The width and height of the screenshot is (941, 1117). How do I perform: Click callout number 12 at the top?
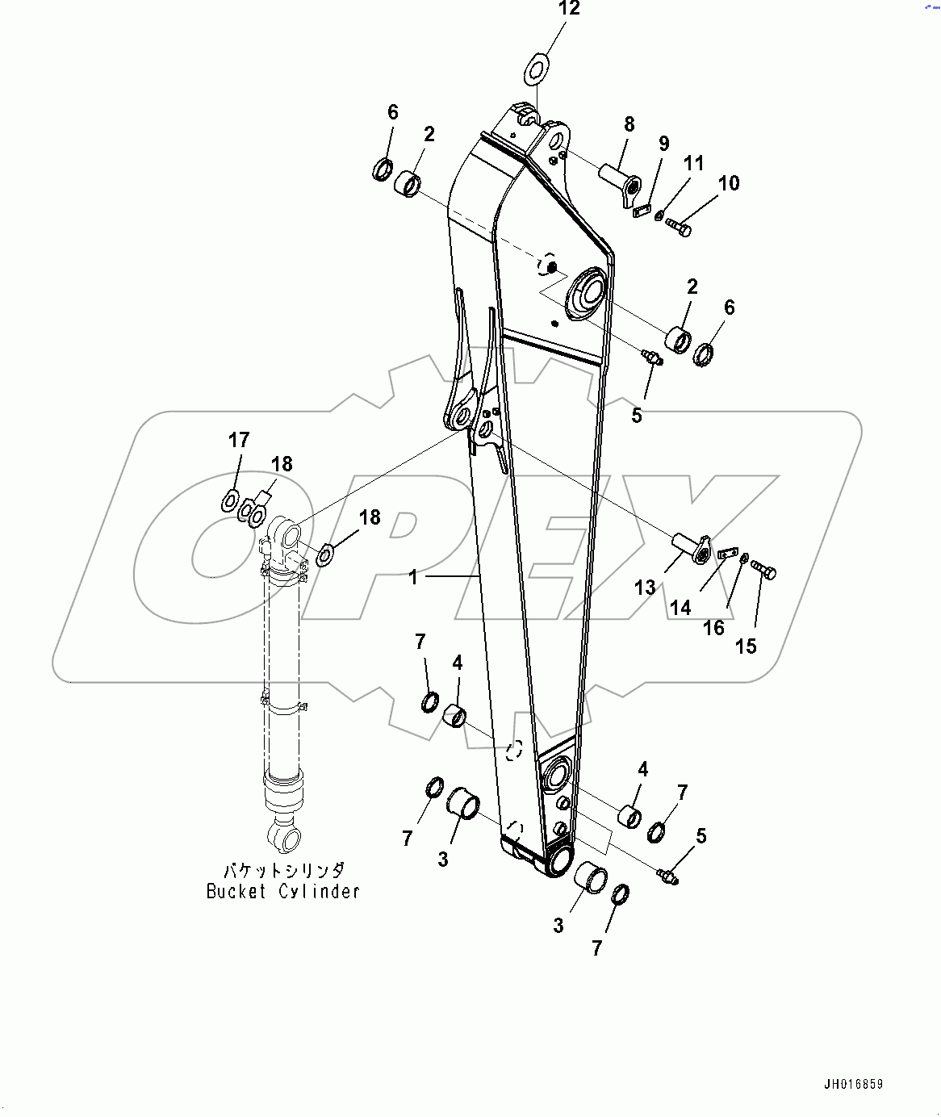pyautogui.click(x=569, y=9)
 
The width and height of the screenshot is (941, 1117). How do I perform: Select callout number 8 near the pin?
pyautogui.click(x=629, y=124)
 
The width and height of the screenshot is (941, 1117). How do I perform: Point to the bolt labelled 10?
pyautogui.click(x=679, y=229)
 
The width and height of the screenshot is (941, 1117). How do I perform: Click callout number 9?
pyautogui.click(x=663, y=144)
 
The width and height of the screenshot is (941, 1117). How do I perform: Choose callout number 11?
pyautogui.click(x=694, y=163)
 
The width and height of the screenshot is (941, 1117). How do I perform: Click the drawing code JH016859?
pyautogui.click(x=854, y=1084)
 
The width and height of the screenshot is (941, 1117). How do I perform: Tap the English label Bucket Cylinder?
pyautogui.click(x=283, y=892)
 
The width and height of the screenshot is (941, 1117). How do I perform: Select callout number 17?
pyautogui.click(x=239, y=440)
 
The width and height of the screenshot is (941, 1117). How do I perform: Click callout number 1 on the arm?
pyautogui.click(x=413, y=577)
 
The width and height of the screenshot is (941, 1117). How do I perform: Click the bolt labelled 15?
pyautogui.click(x=764, y=571)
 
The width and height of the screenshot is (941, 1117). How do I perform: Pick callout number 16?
pyautogui.click(x=713, y=628)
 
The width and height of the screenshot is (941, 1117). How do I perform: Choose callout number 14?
pyautogui.click(x=680, y=607)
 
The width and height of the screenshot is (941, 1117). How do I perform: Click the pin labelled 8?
pyautogui.click(x=619, y=182)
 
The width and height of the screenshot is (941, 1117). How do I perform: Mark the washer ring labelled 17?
pyautogui.click(x=230, y=502)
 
